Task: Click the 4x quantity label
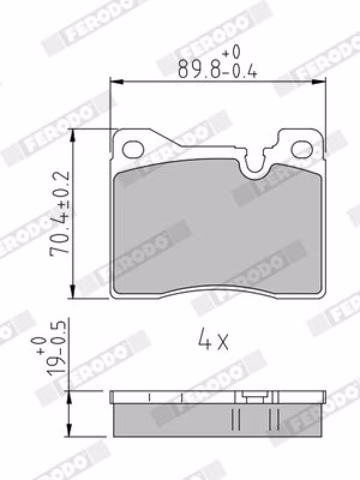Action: point(213,339)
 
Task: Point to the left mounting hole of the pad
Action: point(133,149)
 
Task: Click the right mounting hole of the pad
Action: point(302,149)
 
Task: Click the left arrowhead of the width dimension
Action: point(116,82)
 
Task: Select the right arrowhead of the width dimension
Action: point(319,82)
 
